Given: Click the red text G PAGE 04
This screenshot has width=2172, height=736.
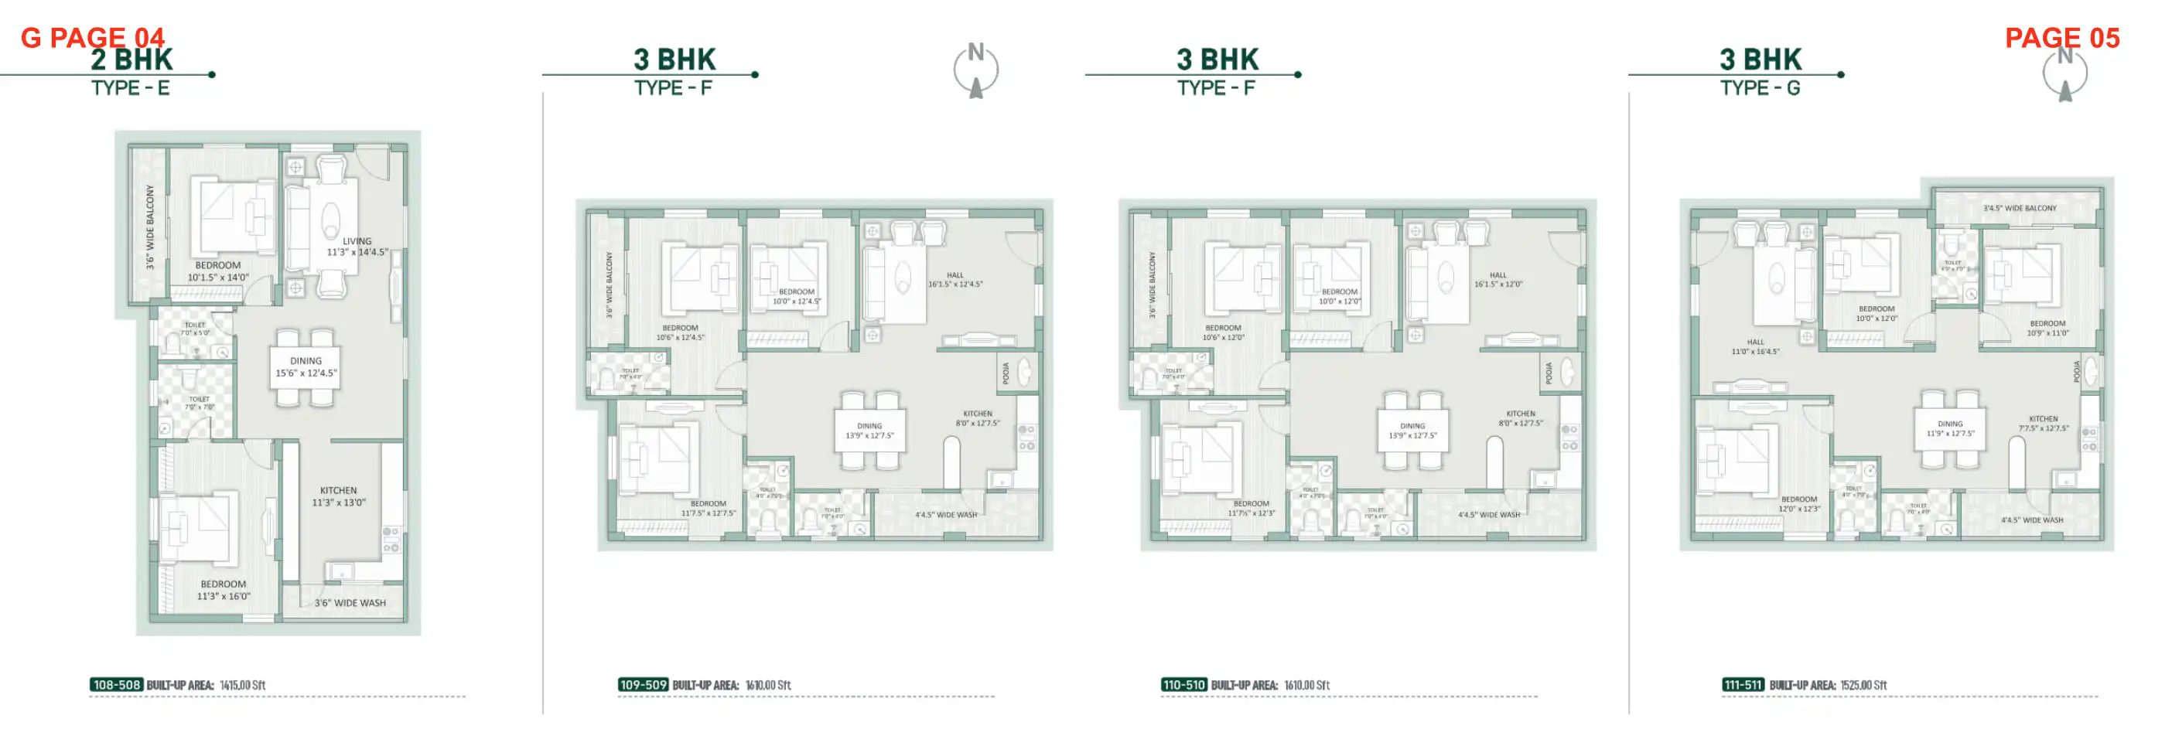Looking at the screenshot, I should tap(92, 37).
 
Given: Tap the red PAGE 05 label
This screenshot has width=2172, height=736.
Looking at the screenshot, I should tap(2061, 38).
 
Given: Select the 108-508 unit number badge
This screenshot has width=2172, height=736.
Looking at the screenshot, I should tap(116, 684).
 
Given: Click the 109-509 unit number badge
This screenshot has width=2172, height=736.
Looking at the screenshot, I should tap(643, 684).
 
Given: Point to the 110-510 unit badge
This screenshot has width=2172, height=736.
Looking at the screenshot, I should tap(1183, 684).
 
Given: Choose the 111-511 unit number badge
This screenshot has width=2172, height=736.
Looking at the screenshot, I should tap(1743, 684).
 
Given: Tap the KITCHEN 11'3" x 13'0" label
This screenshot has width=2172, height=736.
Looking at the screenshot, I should tap(339, 496).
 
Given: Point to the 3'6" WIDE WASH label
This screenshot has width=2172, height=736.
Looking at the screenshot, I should tap(350, 603).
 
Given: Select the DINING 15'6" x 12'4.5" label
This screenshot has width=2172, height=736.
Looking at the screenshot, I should tap(306, 366).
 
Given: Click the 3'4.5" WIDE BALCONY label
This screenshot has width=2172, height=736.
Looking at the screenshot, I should tap(2020, 208).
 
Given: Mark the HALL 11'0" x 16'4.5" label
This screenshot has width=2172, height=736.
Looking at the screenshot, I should tap(1756, 346).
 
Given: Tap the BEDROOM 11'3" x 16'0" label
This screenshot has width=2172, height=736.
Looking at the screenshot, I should tap(224, 590).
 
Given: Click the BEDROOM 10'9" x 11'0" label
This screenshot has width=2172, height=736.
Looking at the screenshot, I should tap(2048, 328).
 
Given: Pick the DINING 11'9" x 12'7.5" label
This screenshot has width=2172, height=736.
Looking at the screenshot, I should tap(1950, 429).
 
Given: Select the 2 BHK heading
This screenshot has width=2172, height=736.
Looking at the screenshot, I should tap(131, 60).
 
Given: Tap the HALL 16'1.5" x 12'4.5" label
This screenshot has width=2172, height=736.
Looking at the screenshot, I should tap(955, 280).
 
